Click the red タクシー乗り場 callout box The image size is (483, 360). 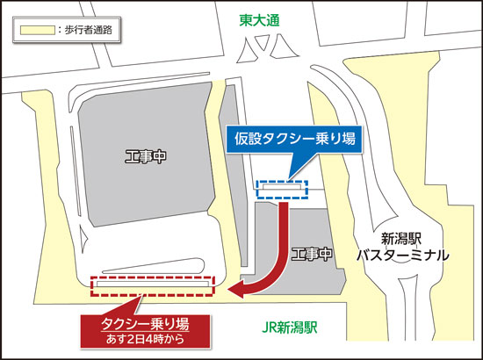146,328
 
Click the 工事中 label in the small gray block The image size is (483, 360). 312,254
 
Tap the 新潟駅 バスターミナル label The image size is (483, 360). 402,247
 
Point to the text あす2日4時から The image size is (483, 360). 146,338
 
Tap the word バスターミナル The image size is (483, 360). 402,256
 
